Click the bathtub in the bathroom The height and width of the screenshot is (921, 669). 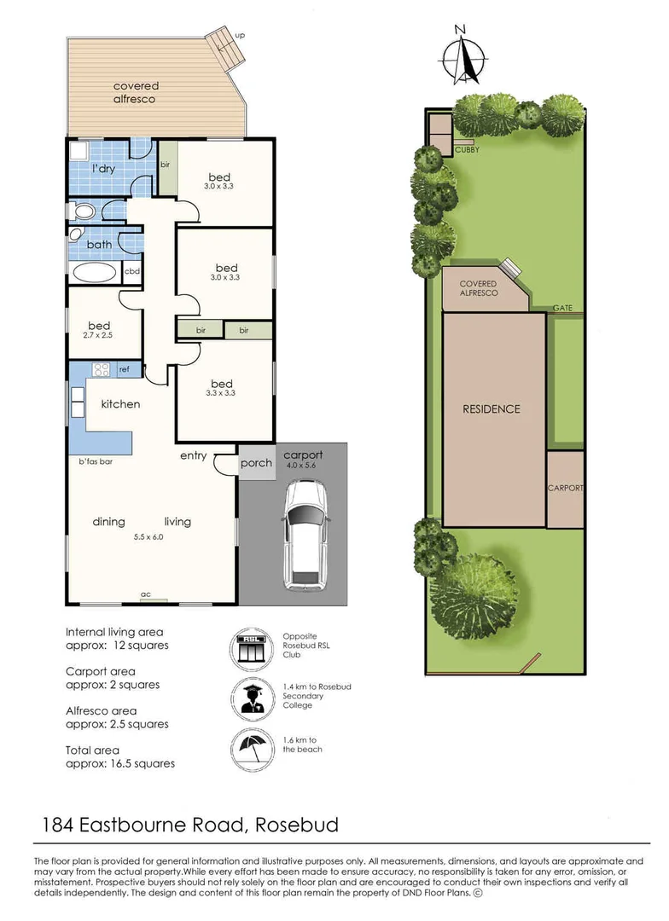94,273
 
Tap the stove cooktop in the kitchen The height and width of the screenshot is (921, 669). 102,369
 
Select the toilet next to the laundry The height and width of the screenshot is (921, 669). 83,211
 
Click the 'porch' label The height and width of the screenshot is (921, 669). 256,463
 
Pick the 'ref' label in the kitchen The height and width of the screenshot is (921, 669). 125,369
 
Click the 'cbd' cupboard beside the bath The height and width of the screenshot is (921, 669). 132,272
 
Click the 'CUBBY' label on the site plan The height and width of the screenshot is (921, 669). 467,150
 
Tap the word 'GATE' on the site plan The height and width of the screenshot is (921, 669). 561,307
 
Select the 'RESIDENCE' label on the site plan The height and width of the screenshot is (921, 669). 492,409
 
